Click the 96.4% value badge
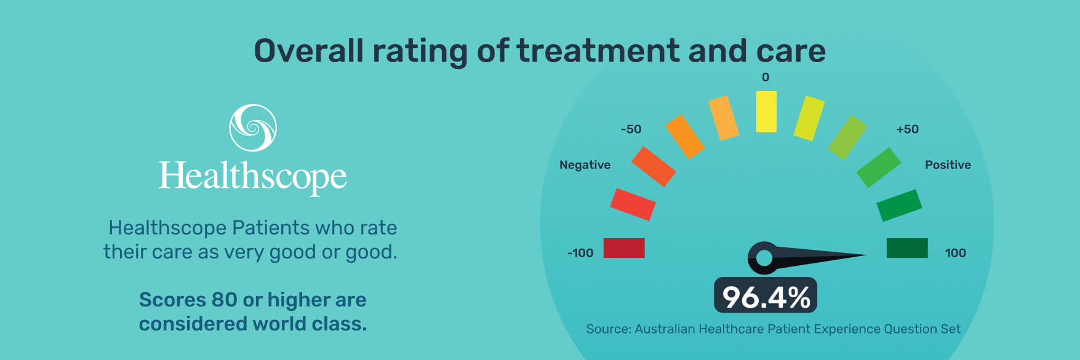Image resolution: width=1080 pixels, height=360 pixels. (x=766, y=297)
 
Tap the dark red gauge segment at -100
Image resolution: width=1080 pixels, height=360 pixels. (x=624, y=248)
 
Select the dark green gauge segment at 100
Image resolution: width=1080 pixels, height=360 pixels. (x=907, y=248)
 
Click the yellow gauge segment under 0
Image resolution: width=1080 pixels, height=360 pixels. (x=766, y=111)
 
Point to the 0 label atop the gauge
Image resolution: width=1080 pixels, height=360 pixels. (x=766, y=78)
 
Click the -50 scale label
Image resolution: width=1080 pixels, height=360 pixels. (x=631, y=129)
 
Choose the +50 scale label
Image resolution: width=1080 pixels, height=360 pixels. (x=907, y=129)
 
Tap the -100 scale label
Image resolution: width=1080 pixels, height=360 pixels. (x=580, y=253)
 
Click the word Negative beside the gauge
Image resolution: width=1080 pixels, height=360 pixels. (x=585, y=165)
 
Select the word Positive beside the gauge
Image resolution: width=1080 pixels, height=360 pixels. (x=948, y=165)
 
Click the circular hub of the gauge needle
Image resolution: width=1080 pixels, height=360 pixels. (x=764, y=258)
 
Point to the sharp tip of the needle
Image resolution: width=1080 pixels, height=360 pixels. (x=865, y=255)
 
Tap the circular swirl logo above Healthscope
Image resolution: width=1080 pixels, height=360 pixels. (x=253, y=128)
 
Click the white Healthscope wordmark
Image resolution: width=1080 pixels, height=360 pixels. (x=253, y=177)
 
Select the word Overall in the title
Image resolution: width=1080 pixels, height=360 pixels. (x=309, y=50)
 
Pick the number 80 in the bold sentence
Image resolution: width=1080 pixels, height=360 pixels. (x=224, y=300)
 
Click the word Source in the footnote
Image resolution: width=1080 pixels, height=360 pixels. (x=608, y=329)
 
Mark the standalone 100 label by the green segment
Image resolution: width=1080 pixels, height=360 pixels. (x=955, y=253)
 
